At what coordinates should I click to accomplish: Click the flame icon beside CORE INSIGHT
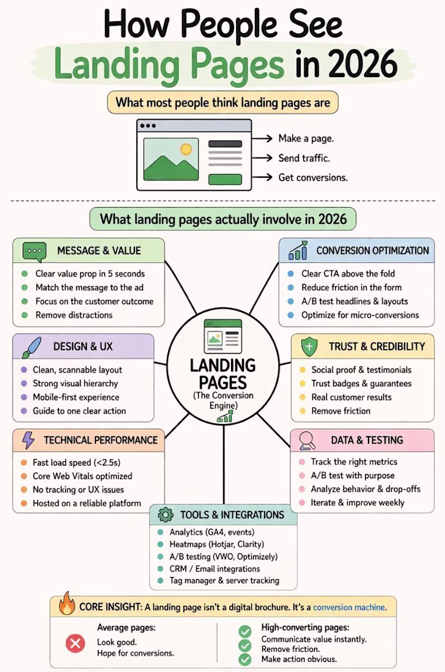[67, 604]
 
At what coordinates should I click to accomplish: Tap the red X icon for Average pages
[75, 643]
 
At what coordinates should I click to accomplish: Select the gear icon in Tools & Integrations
[166, 515]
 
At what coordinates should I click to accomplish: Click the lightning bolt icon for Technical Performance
[28, 440]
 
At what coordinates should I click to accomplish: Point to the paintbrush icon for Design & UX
[31, 347]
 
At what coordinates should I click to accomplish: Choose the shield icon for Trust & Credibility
[309, 347]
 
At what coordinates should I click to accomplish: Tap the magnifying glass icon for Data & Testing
[307, 440]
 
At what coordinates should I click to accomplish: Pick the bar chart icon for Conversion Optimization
[298, 250]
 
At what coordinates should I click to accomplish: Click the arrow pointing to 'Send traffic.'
[262, 158]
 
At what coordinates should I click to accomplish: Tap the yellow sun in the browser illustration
[186, 149]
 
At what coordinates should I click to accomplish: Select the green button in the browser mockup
[225, 179]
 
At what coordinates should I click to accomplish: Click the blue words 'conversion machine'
[349, 607]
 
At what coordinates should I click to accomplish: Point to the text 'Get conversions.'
[313, 177]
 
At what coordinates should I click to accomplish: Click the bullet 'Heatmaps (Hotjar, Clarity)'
[216, 544]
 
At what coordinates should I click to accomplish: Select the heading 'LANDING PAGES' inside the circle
[223, 374]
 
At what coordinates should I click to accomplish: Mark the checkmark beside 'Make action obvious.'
[245, 659]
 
